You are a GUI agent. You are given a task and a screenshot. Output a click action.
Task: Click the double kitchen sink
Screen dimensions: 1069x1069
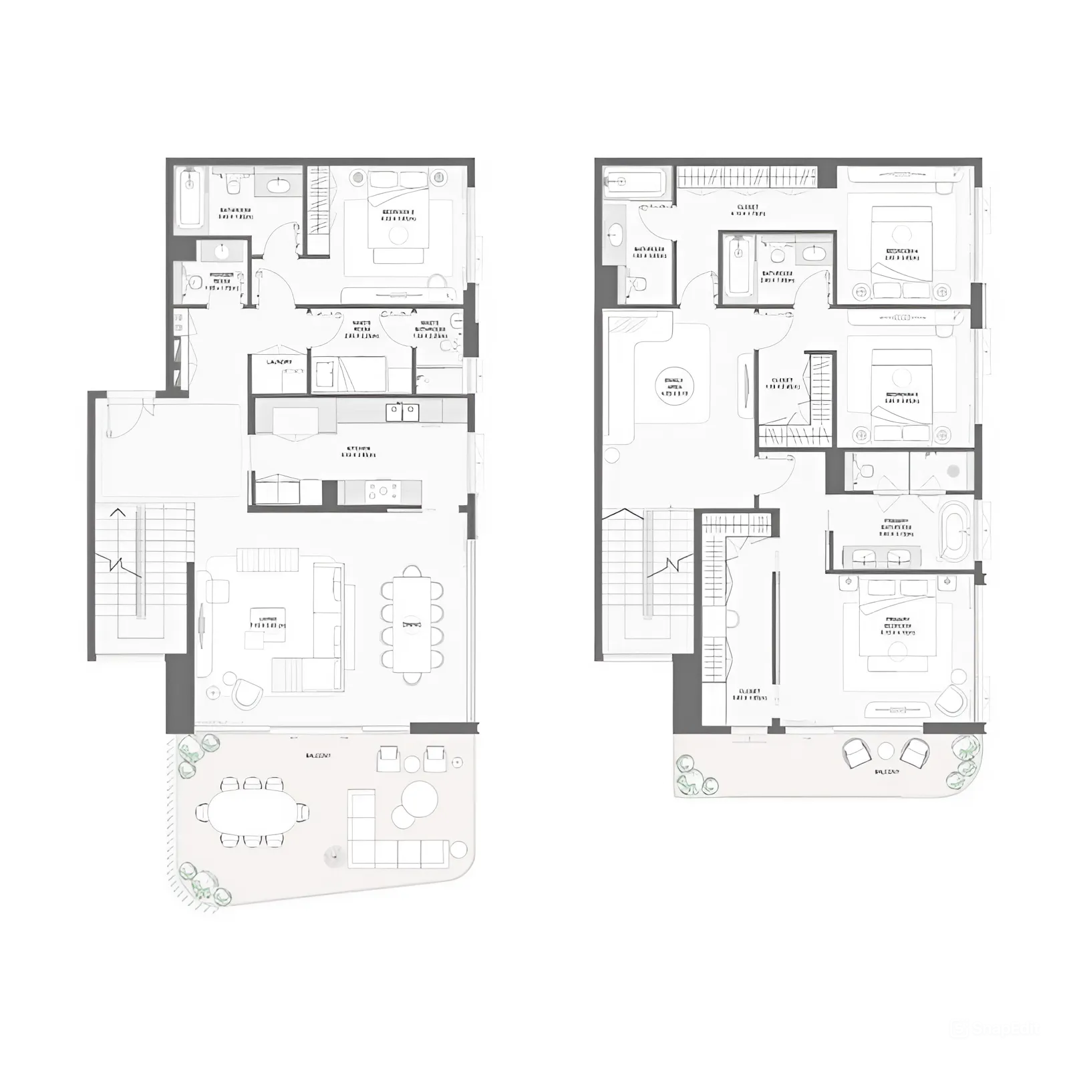(x=402, y=412)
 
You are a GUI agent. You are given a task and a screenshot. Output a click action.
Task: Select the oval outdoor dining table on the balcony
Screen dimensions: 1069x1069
(x=252, y=812)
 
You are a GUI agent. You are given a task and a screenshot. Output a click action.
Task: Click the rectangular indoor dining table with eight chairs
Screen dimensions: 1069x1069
(x=412, y=623)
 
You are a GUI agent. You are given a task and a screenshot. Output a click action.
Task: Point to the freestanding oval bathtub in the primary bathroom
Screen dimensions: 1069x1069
(x=954, y=530)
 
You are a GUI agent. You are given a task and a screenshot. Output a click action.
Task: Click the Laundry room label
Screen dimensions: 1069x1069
(x=279, y=362)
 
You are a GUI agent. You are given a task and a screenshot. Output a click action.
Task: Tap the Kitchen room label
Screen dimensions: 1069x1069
(x=358, y=452)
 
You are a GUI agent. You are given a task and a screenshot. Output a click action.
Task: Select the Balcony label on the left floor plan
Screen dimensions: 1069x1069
(x=318, y=756)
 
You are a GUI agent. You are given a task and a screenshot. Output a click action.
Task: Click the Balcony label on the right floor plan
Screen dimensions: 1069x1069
(x=886, y=771)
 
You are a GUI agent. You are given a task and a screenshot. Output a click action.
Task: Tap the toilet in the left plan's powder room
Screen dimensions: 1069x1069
(x=193, y=282)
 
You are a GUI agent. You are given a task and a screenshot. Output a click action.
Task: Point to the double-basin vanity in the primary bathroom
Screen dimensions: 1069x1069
(x=882, y=556)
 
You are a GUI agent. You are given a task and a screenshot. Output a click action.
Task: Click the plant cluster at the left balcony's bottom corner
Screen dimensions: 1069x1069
(x=204, y=885)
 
